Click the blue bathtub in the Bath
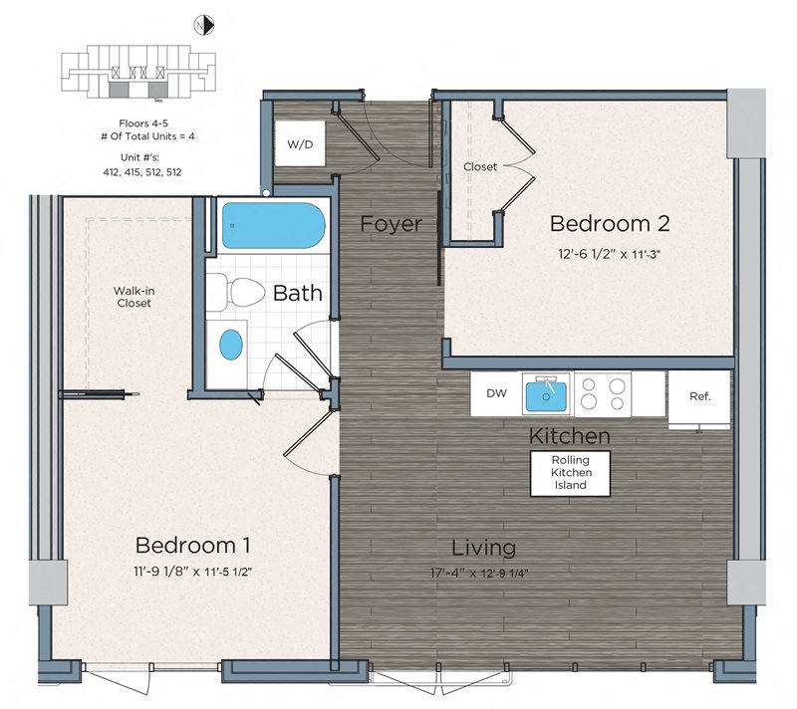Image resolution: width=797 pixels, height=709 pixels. coord(273,225)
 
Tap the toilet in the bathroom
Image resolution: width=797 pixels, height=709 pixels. coord(236,292)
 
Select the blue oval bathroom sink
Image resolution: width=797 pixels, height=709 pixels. coord(231,345)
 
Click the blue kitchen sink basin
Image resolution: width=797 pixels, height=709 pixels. coord(545,396)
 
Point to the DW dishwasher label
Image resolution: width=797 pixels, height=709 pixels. coord(496,393)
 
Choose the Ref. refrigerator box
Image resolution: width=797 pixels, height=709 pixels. coord(699,400)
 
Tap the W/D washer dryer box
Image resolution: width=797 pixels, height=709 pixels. coord(300,143)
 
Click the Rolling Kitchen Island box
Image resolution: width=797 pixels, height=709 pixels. coord(570,473)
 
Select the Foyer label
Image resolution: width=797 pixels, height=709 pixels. coord(391,223)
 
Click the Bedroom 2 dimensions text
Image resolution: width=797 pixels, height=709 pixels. coord(609,254)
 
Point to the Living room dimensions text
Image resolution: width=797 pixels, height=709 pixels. coord(479,574)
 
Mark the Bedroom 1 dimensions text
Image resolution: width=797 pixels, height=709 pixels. coord(192,572)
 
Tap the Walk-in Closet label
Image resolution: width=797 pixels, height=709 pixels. coord(133,297)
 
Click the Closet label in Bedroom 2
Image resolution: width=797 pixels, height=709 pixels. coord(480,166)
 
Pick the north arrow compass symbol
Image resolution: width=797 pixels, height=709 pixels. coord(204,25)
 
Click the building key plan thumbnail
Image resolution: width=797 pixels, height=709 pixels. coord(138,72)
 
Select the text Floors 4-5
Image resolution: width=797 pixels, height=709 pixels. coord(143,123)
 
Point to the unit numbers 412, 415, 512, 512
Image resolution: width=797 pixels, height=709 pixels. coord(142,172)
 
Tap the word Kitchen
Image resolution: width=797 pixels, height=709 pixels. coord(569,436)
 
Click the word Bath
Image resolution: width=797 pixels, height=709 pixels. coord(297,293)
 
